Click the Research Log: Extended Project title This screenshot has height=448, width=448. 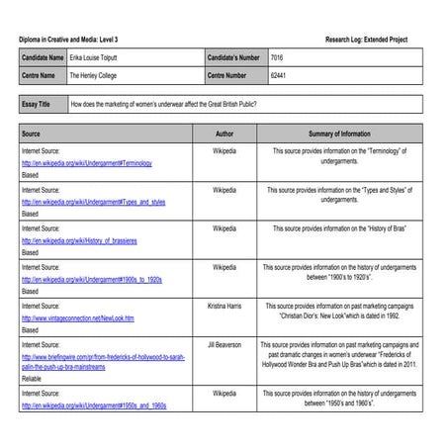tap(365, 39)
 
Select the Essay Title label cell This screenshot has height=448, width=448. tap(42, 103)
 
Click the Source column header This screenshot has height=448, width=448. tap(32, 132)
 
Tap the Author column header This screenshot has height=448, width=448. tap(224, 132)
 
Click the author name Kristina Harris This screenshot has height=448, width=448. tap(224, 306)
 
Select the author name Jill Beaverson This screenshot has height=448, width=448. tap(224, 344)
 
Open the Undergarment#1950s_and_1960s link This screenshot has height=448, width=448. tap(93, 405)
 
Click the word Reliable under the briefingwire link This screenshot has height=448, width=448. tap(35, 378)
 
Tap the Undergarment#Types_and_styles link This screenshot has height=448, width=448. tap(93, 201)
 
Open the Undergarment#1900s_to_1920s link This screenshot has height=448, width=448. tap(91, 279)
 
